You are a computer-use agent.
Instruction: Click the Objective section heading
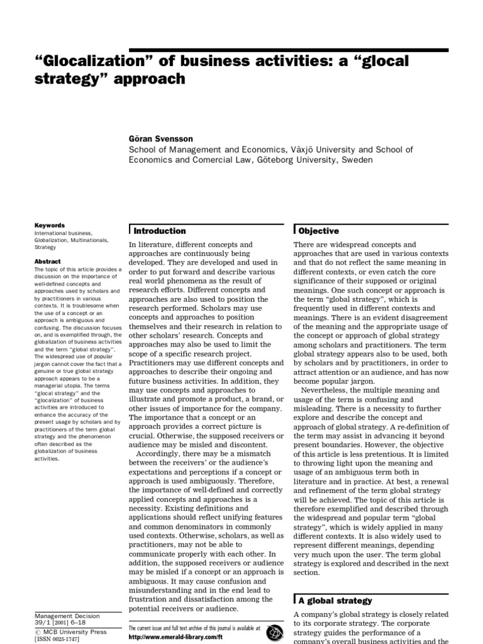(319, 231)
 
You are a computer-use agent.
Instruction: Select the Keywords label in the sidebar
(49, 225)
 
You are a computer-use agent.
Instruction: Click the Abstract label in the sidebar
(48, 262)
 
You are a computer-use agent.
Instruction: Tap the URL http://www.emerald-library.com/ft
(175, 636)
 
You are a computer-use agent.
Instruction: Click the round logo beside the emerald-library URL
(273, 632)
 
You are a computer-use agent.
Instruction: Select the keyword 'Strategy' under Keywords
(45, 247)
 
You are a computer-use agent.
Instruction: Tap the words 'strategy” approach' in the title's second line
(114, 79)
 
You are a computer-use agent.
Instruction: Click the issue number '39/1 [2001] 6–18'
(62, 623)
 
